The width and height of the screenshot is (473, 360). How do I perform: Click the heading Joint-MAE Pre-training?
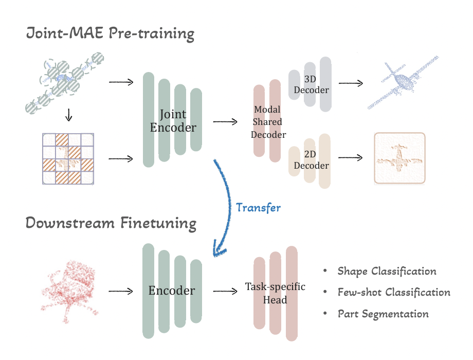[111, 34]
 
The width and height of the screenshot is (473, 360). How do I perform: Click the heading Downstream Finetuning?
[111, 223]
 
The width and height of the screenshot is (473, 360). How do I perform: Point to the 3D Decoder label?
[312, 84]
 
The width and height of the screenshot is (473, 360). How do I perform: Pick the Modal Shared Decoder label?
[267, 122]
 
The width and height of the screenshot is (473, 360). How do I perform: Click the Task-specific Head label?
[275, 293]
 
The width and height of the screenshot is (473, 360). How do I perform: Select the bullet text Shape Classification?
[387, 271]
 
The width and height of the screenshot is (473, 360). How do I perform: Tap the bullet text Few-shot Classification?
[394, 292]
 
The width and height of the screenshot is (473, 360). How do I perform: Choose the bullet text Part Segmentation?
[383, 313]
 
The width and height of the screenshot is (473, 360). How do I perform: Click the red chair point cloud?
[69, 291]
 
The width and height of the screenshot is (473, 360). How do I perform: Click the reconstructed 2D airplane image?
[399, 158]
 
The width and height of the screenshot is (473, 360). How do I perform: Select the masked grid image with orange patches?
[68, 158]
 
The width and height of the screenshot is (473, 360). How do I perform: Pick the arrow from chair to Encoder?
[121, 291]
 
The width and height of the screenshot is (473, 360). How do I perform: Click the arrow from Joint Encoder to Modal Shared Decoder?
[225, 122]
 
